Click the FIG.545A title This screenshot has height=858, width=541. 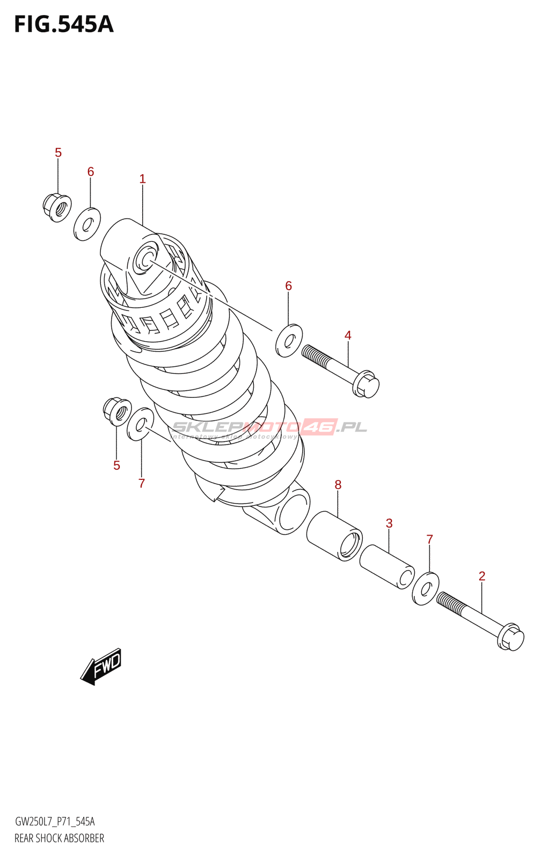coord(64,25)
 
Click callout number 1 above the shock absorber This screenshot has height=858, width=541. coord(142,179)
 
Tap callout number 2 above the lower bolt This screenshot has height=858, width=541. coord(482,576)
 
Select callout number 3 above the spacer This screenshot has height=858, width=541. coord(389,523)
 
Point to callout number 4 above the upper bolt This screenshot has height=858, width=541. coord(348,335)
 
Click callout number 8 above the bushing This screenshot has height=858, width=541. coord(338,484)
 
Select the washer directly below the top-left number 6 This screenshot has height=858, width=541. coord(87,224)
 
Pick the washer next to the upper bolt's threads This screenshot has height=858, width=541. coord(289,341)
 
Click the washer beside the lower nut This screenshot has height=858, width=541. coord(140,424)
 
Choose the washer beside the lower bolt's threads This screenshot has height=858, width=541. coord(426,588)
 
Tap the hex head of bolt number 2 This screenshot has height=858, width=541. coord(510,638)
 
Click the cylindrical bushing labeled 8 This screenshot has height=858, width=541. coord(334,536)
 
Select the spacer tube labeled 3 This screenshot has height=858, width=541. coord(387,567)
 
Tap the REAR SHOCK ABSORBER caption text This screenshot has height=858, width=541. coord(60,838)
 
